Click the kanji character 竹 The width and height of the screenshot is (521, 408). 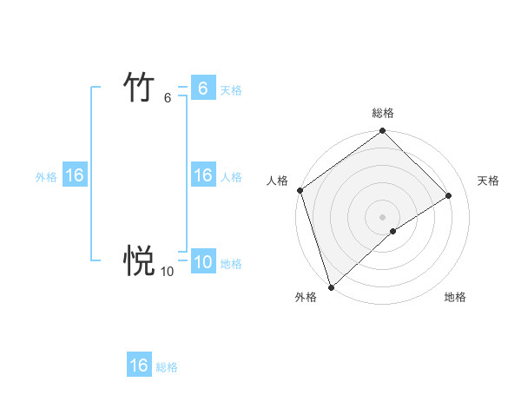coord(139,88)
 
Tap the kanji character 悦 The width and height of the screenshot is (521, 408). coord(139,260)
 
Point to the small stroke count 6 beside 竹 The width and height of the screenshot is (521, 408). coord(168,98)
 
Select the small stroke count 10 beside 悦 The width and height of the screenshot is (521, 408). coord(167,272)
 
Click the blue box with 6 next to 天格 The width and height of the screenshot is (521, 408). coord(202,89)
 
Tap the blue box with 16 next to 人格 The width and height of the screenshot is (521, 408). coord(202,175)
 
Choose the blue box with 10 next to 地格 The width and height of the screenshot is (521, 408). coord(202,262)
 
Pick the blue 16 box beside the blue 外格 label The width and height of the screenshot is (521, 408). coord(75,175)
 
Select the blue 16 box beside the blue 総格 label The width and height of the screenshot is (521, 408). coord(139,365)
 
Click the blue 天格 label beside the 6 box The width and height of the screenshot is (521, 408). coord(231,89)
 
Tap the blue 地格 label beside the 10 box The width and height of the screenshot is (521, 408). coord(231,263)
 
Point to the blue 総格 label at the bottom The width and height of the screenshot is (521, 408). coord(167,367)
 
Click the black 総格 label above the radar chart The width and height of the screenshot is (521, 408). coord(382,113)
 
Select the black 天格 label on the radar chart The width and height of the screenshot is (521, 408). coord(488,181)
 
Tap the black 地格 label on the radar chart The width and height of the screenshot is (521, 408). coord(455,297)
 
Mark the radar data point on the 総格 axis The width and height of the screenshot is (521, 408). coord(382,132)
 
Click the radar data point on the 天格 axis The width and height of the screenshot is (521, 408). coord(449,195)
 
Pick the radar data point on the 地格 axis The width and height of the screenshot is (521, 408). coord(393,231)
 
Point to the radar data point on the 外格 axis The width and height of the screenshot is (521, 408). coord(331,286)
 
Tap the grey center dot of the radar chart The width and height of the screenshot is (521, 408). coord(382,216)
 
